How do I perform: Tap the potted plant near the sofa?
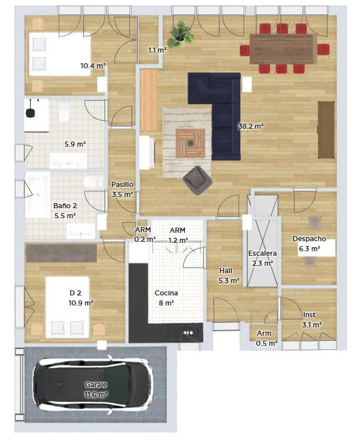point(181,32)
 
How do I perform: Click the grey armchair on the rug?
point(197,180)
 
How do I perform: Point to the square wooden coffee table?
point(190,143)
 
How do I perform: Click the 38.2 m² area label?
point(251,126)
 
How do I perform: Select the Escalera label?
point(262,253)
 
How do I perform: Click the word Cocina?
point(166,293)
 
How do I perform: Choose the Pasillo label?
point(121,184)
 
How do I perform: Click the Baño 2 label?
point(65,205)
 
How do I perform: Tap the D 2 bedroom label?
point(76,293)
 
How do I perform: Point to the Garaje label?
point(96,385)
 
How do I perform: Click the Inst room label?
point(309,315)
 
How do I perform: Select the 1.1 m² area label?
point(157,50)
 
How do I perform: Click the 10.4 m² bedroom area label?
point(93,66)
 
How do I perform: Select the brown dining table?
point(283,49)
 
